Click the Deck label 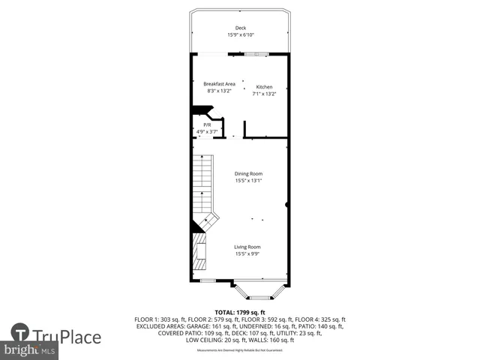[x=240, y=28]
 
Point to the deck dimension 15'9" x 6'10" [x=240, y=35]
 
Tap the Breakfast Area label [x=220, y=84]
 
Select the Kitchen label [x=264, y=87]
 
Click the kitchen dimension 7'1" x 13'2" [x=264, y=94]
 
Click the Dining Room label [x=248, y=174]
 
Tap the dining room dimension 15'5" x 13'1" [x=248, y=181]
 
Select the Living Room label [x=247, y=247]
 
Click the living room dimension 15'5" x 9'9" [x=247, y=253]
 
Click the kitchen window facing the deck [x=256, y=54]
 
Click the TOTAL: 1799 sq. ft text [x=240, y=312]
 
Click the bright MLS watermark [x=30, y=350]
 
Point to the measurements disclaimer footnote [x=240, y=350]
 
